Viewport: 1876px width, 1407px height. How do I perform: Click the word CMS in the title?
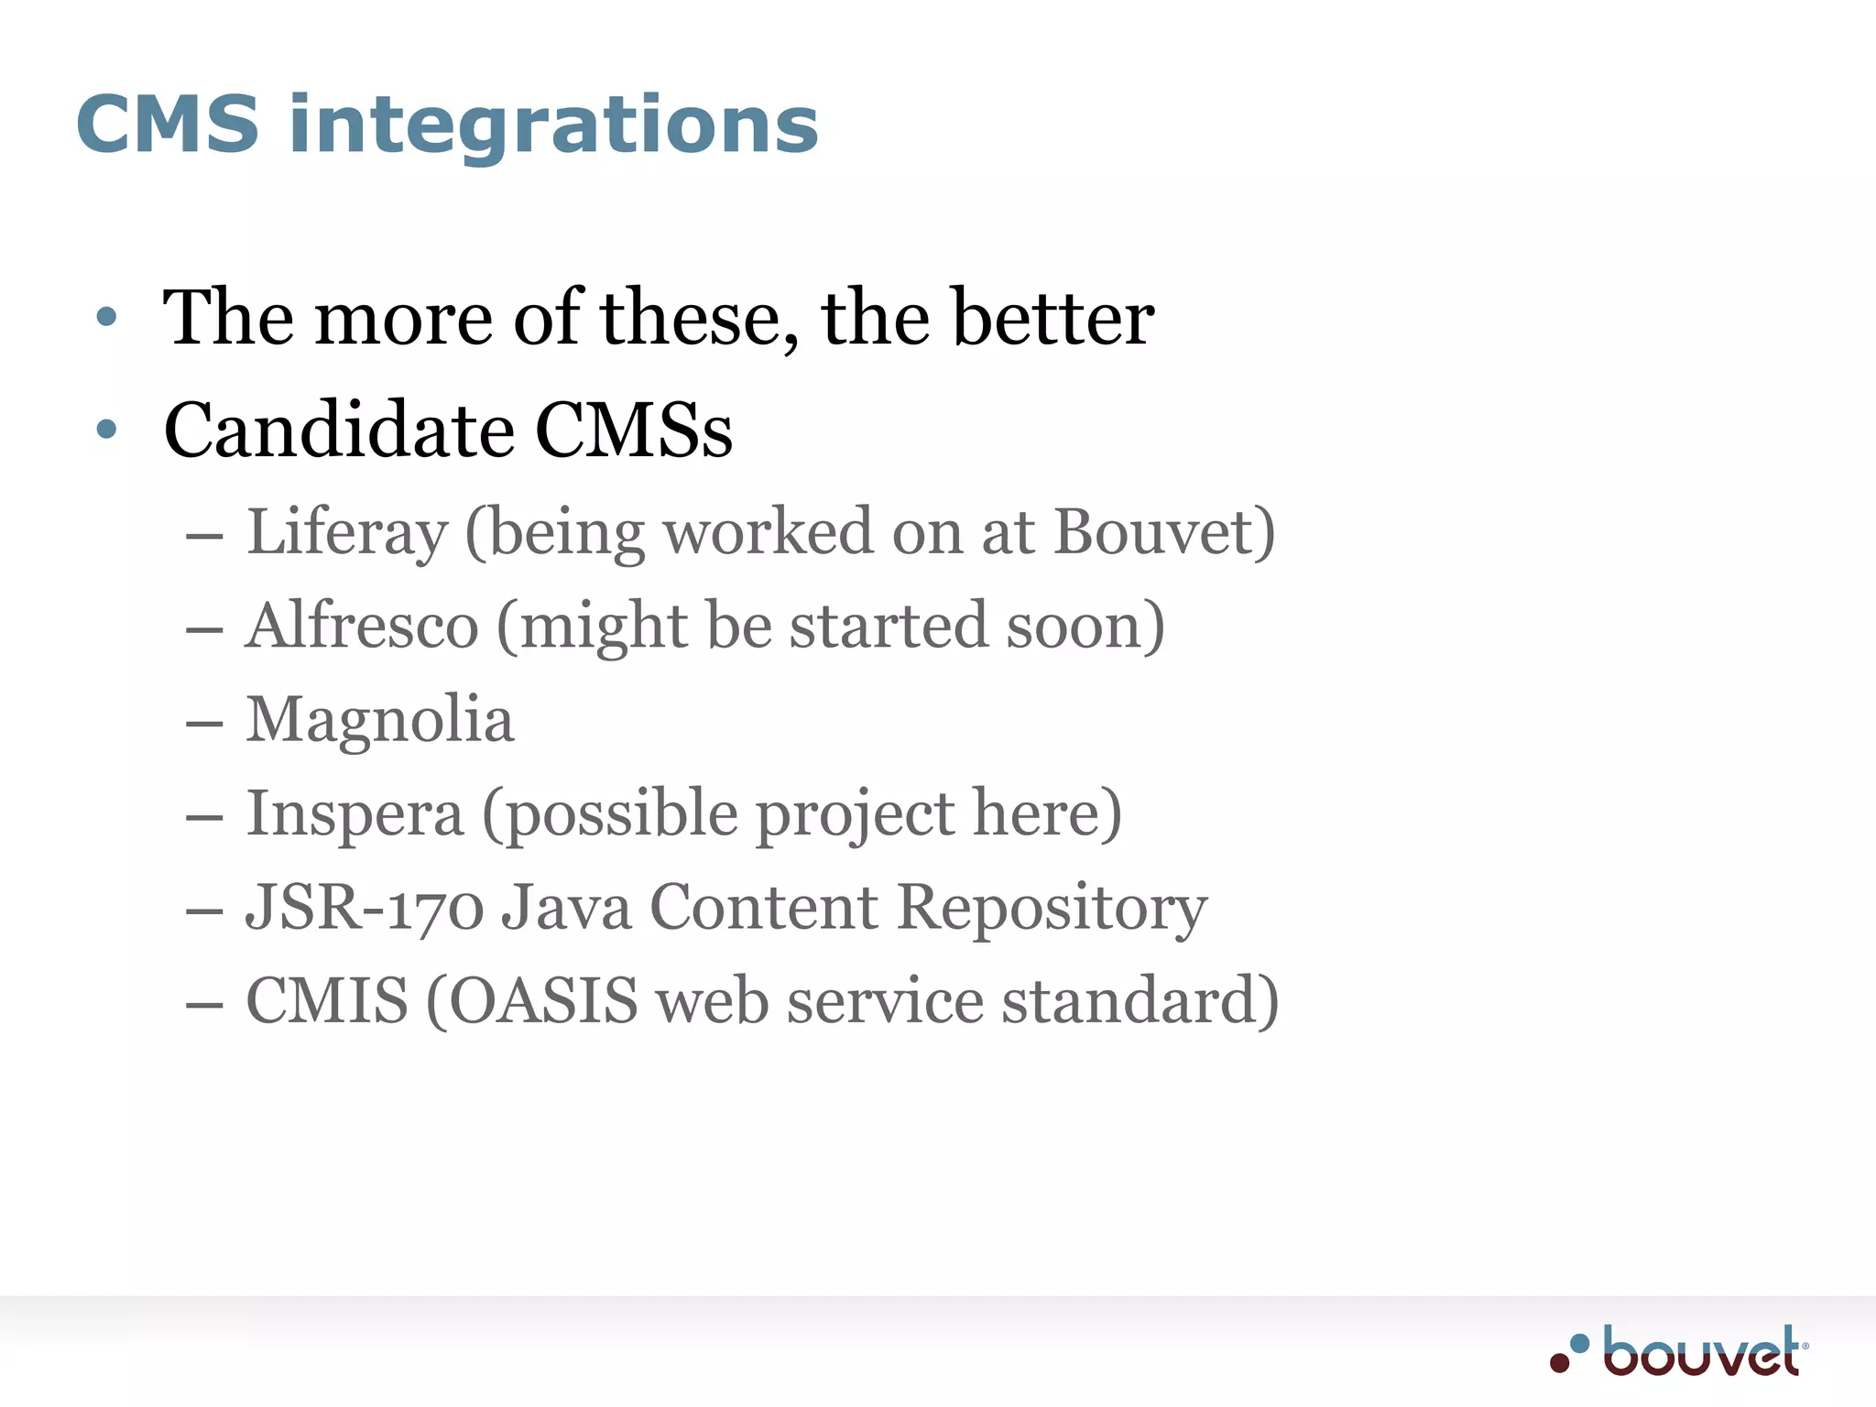coord(168,125)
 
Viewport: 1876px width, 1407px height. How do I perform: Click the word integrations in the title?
coord(553,128)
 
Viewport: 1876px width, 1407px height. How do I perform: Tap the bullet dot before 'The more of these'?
coord(107,317)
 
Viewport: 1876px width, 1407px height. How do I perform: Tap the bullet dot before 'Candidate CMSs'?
coord(107,429)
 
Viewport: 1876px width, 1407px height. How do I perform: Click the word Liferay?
coord(347,533)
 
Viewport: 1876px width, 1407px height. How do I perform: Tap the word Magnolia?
coord(380,720)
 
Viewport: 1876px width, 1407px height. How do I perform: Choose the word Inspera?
coord(354,814)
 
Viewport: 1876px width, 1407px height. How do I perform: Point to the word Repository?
coord(1052,910)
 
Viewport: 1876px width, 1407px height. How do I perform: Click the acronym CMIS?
coord(327,1000)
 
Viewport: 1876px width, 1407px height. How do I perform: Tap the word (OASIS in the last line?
coord(532,1001)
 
